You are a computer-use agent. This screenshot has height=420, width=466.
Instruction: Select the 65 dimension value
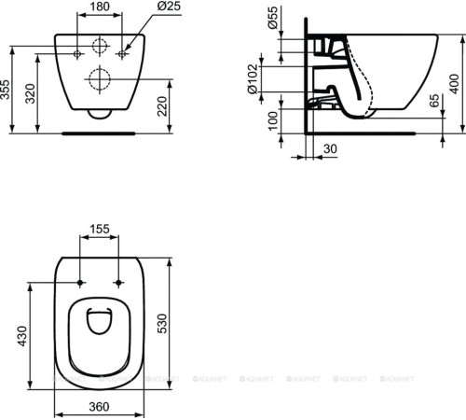435,103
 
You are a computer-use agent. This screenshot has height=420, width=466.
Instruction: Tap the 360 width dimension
102,406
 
